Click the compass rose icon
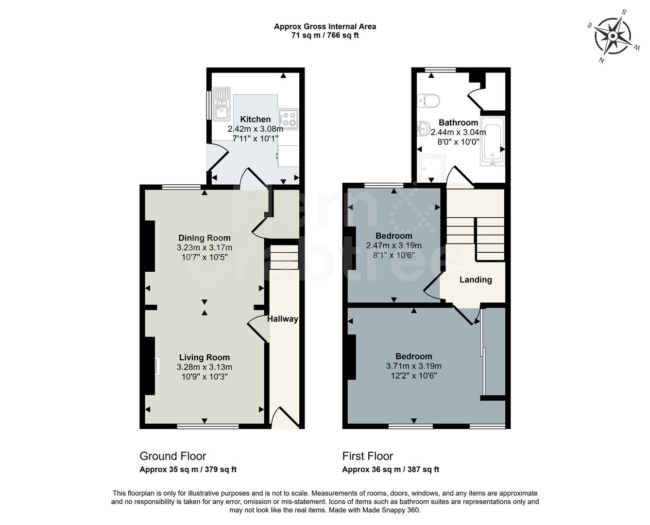[x=613, y=35]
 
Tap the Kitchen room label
[x=255, y=119]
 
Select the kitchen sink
[x=222, y=104]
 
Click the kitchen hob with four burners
[x=288, y=120]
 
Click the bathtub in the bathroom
[x=493, y=141]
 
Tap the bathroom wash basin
[x=423, y=129]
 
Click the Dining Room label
[x=204, y=238]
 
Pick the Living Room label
[x=204, y=357]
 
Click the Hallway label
[x=282, y=319]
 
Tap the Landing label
[x=476, y=280]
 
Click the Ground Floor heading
[x=172, y=456]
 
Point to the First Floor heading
[x=367, y=456]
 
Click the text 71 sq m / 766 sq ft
[x=325, y=35]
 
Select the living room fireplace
[x=156, y=366]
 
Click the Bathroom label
[x=458, y=122]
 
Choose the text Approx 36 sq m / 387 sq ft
[x=390, y=470]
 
